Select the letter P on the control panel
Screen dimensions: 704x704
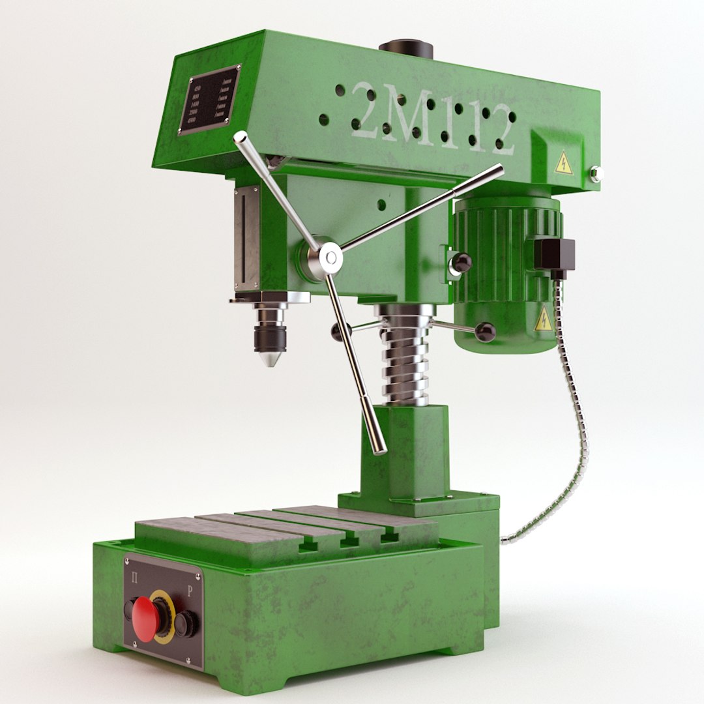click(189, 593)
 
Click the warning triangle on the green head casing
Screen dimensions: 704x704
click(563, 164)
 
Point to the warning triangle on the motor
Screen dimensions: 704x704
click(543, 319)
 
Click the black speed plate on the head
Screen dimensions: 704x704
click(210, 100)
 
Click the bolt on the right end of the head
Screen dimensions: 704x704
click(595, 173)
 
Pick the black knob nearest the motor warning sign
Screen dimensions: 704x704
click(485, 332)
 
